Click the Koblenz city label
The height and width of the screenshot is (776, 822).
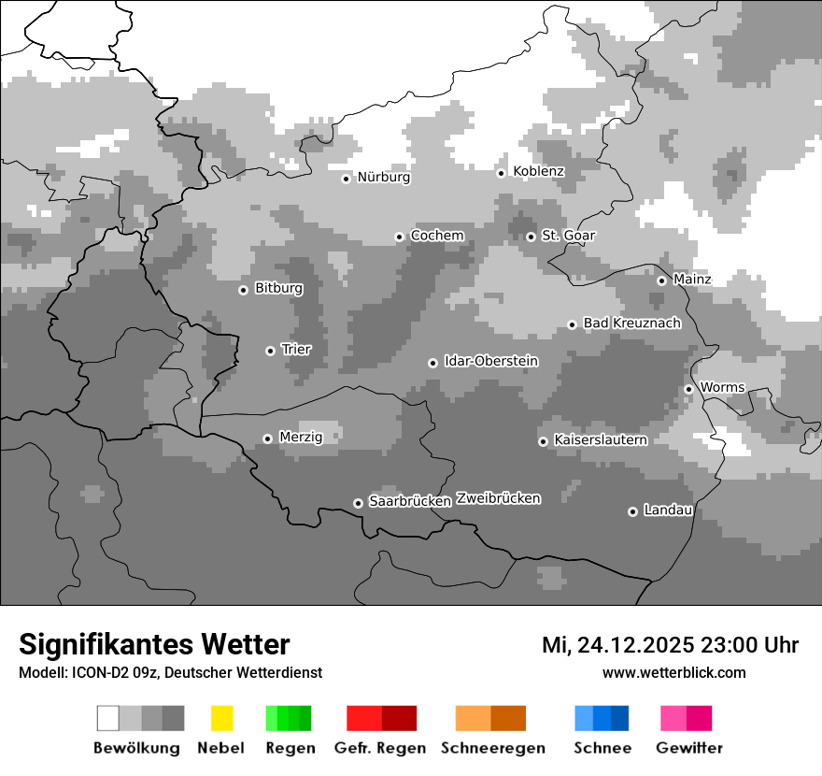point(538,172)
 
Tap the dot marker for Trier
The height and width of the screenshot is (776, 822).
point(270,351)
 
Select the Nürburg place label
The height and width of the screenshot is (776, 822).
point(383,178)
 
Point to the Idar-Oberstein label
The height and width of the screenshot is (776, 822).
point(490,362)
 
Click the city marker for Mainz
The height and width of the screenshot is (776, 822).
point(661,280)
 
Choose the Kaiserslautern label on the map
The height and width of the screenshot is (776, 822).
point(600,440)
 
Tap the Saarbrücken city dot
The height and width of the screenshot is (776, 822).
point(358,503)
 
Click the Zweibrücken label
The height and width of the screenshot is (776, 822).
point(498,498)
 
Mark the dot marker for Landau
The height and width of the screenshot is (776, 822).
point(632,511)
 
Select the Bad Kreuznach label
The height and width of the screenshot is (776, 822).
point(631,323)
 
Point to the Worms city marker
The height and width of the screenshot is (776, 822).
point(688,389)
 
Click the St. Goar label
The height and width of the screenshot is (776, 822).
point(568,237)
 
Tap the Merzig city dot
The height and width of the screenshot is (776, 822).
point(267,438)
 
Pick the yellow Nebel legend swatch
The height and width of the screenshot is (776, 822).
point(221,718)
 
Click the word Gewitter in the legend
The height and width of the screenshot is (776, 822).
point(688,748)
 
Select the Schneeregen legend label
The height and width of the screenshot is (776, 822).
point(492,748)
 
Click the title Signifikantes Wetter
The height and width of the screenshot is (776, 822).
point(154,644)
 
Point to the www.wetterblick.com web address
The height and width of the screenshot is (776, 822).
point(673,672)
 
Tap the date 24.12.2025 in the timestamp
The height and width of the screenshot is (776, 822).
point(635,645)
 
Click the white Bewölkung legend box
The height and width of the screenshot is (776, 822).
point(108,718)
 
